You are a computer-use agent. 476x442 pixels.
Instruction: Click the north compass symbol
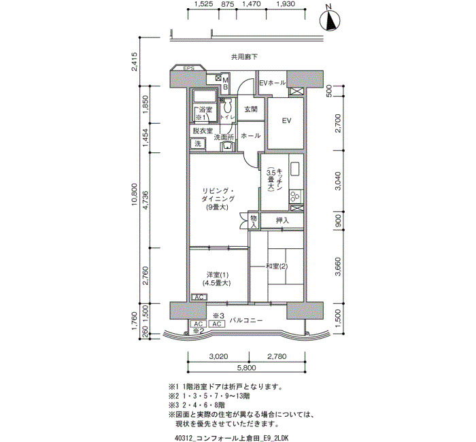click(330, 20)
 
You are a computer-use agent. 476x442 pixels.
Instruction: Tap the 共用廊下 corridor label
click(244, 56)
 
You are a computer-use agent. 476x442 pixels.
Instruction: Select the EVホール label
click(272, 82)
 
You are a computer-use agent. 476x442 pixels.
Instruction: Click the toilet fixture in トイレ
click(228, 106)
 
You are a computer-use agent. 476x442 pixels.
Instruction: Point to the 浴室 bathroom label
click(205, 109)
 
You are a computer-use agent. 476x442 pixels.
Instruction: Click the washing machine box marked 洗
click(198, 143)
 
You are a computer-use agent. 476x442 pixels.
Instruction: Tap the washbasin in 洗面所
click(226, 147)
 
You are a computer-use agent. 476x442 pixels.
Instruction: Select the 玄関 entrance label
click(251, 109)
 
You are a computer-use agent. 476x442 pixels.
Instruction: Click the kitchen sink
click(295, 169)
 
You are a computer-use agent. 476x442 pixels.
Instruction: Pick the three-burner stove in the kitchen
click(295, 196)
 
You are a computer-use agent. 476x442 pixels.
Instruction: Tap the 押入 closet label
click(282, 221)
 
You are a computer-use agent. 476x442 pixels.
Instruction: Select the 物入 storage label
click(254, 222)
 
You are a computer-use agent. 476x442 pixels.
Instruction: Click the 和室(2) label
click(277, 267)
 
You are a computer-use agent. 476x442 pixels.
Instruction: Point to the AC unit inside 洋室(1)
click(199, 297)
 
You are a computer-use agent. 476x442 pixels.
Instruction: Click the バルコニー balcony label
click(246, 320)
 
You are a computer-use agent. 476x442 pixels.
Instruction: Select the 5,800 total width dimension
click(245, 368)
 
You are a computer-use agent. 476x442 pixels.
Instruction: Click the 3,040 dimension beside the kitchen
click(337, 182)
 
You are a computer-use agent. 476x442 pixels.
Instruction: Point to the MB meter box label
click(226, 84)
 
